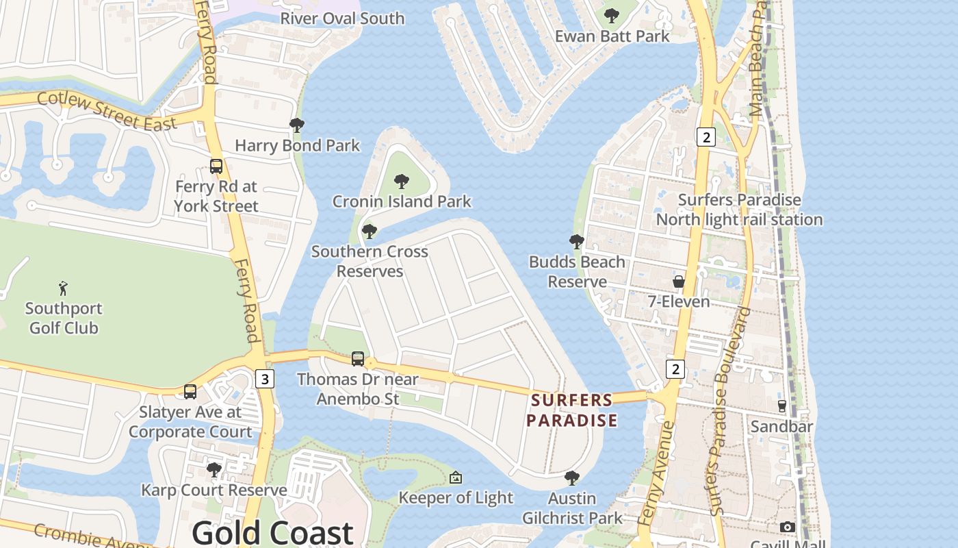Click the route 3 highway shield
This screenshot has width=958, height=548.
click(x=265, y=378)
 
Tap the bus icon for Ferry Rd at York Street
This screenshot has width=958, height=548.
click(x=216, y=166)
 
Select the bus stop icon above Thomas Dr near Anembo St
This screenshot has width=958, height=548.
click(x=358, y=358)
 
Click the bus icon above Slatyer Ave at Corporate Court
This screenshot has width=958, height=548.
click(x=190, y=392)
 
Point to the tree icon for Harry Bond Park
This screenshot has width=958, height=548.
click(x=297, y=125)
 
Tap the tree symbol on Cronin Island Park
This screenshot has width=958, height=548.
click(x=402, y=182)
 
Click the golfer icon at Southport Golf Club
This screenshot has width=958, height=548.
click(x=64, y=288)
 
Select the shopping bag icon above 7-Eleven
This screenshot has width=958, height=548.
click(x=679, y=282)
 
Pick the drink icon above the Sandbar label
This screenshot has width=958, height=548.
click(x=782, y=406)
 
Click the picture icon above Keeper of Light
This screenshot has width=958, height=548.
click(x=456, y=477)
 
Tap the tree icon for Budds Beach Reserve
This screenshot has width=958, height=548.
click(x=577, y=241)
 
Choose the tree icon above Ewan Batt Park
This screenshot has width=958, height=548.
click(x=612, y=16)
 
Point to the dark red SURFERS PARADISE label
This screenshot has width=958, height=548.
click(x=572, y=410)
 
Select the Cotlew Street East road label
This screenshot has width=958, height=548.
click(x=107, y=110)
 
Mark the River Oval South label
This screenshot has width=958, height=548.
click(x=342, y=18)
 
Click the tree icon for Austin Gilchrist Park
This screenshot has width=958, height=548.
click(x=572, y=477)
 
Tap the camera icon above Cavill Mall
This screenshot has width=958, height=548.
click(x=788, y=527)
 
